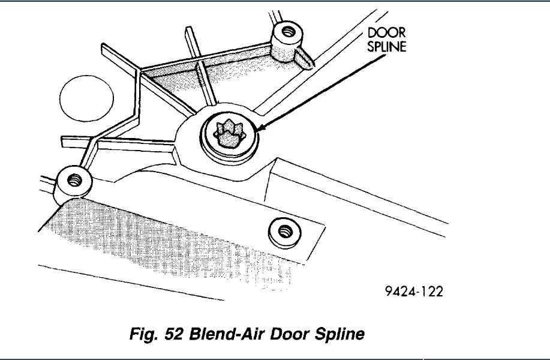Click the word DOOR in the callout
pos(386,33)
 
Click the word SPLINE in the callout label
pos(386,46)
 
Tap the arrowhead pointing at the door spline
pos(259,128)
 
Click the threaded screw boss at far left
pos(74,178)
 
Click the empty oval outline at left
pos(86,98)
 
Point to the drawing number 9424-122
pos(414,292)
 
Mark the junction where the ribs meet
pos(140,72)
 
